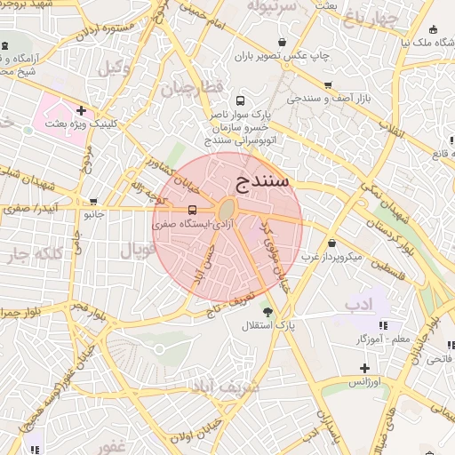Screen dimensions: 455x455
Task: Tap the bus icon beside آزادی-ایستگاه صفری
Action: coord(193,211)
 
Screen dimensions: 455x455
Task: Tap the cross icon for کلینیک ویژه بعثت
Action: coord(81,111)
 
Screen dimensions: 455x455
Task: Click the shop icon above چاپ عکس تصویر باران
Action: coord(282,42)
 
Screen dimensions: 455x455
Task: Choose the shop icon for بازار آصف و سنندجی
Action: coord(328,85)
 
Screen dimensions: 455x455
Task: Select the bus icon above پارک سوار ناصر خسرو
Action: coord(241,100)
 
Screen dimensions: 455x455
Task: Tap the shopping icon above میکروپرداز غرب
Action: coord(332,243)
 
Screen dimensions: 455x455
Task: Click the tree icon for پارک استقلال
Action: coord(267,311)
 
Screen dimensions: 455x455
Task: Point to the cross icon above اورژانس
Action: coord(363,368)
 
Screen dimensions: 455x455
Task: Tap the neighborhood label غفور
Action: coord(116,445)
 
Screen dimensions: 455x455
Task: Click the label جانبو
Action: coord(93,214)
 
